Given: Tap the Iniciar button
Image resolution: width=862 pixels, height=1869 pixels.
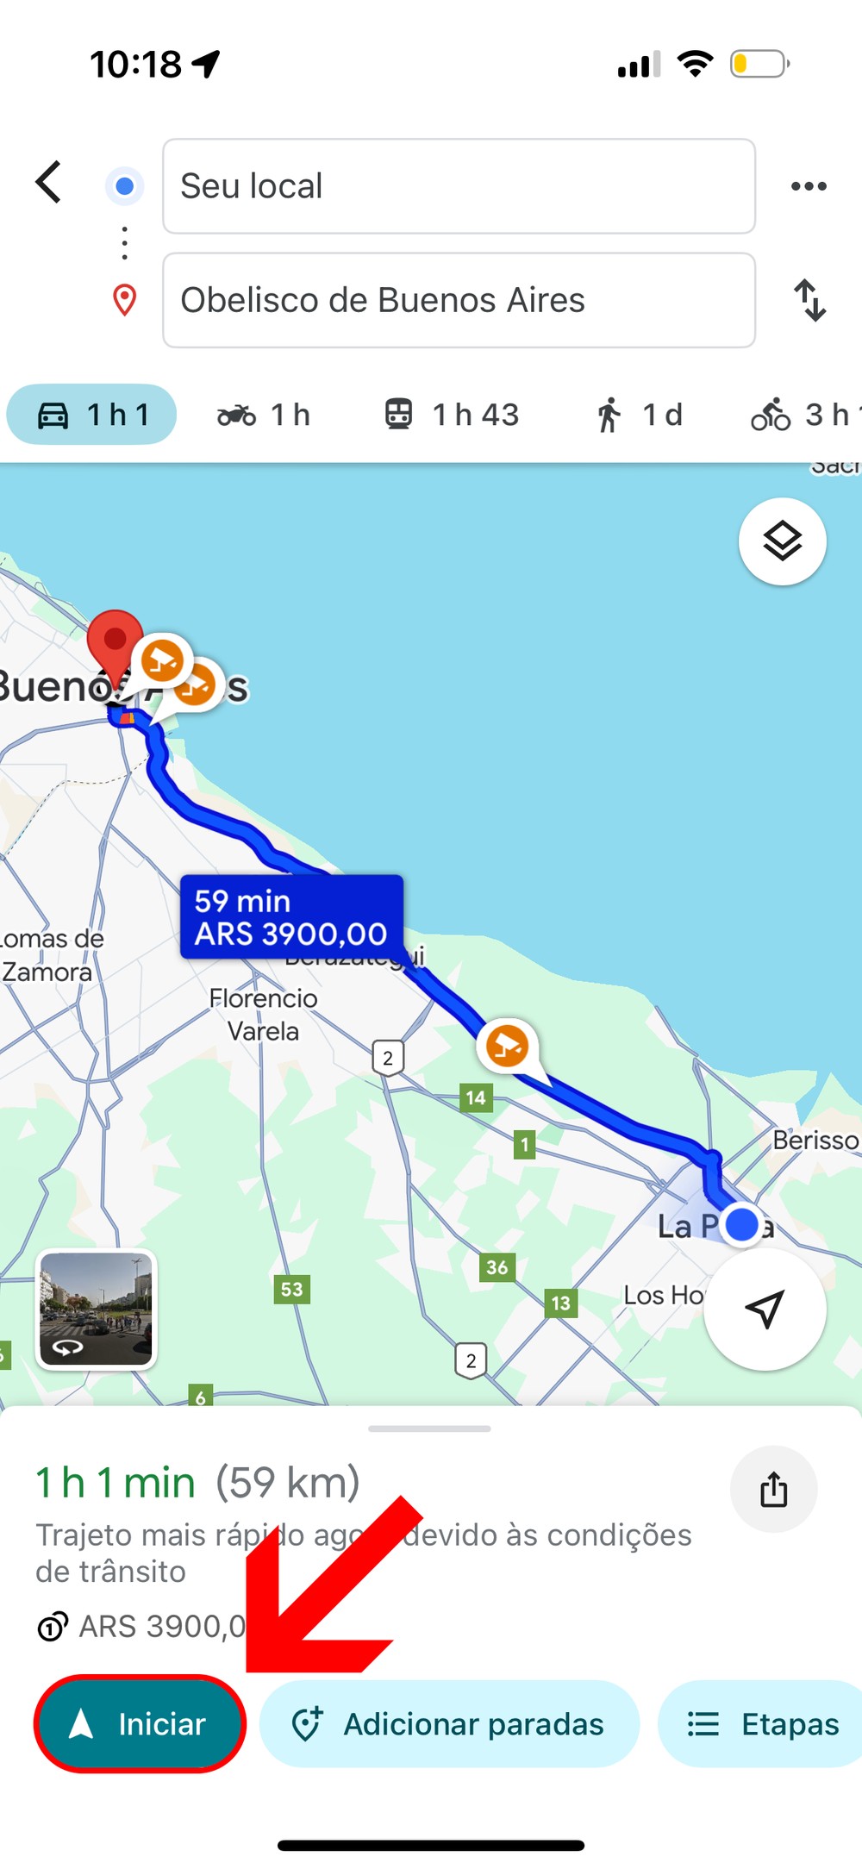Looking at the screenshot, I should point(141,1724).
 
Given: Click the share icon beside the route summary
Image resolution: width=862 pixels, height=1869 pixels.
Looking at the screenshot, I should point(773,1489).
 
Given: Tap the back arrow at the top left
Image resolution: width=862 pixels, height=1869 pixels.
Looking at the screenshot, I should point(49,183).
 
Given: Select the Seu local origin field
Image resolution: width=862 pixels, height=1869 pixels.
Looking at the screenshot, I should point(459,186).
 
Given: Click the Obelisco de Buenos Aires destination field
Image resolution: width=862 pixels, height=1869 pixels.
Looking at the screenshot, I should point(459,300).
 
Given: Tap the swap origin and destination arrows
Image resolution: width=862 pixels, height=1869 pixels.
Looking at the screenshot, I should point(809,300).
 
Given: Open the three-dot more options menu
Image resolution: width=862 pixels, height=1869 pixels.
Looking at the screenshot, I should point(809,186).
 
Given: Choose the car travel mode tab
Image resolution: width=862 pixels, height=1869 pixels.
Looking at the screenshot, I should point(91,415).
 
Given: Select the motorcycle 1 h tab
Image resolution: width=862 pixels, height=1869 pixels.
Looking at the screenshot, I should point(264,415).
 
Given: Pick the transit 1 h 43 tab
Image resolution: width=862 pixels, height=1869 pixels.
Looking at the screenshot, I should point(452,415).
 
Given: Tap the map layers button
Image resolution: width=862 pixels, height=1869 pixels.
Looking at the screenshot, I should point(782,541).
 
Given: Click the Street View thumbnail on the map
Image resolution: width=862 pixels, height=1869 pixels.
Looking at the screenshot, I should point(96,1309).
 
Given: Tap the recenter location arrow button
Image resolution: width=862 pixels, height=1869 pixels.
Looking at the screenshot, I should point(765,1309).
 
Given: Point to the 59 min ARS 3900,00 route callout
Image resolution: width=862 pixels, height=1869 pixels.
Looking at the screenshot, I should point(291,917).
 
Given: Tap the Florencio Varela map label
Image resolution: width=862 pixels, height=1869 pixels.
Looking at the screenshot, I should point(264,1015).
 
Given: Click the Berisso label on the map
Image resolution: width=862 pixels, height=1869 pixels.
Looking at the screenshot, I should point(815,1141).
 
